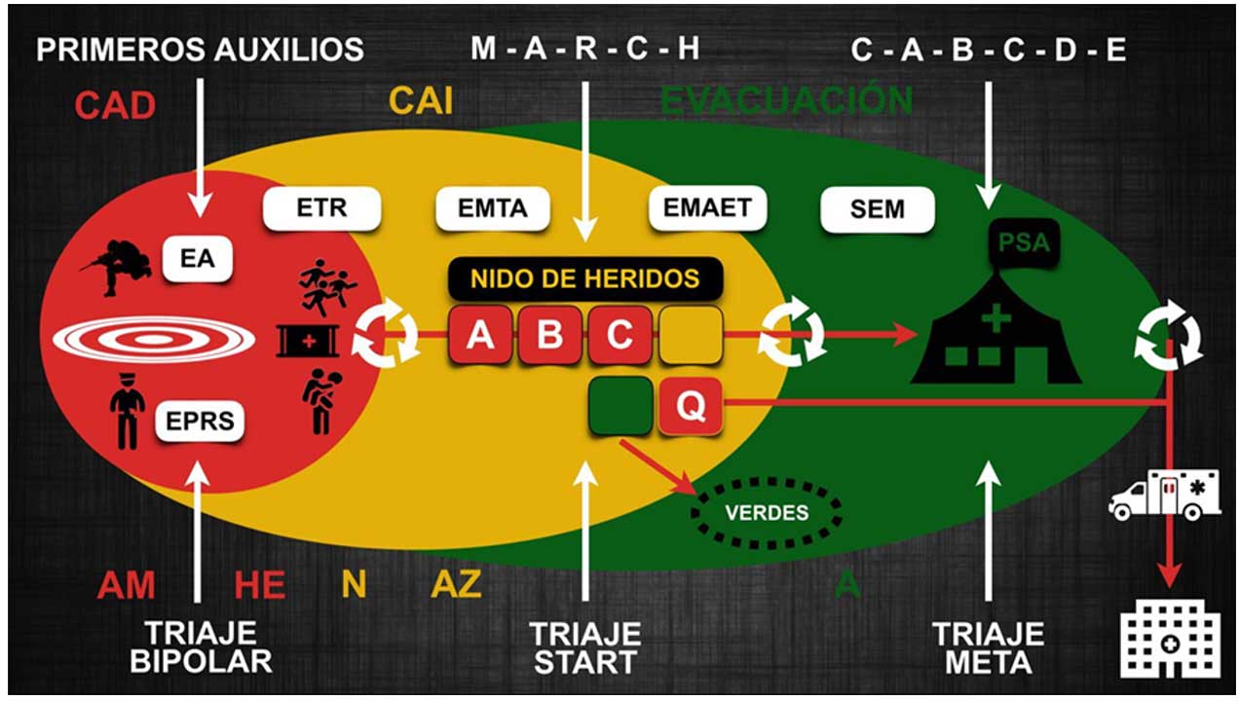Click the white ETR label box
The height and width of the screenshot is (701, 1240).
click(322, 208)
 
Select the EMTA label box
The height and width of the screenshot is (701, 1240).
click(493, 208)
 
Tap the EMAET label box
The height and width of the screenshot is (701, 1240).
click(707, 208)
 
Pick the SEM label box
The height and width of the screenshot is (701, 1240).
click(878, 209)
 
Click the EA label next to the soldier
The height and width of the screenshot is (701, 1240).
click(197, 258)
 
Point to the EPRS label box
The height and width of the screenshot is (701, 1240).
click(200, 421)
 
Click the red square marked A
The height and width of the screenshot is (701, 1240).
click(480, 335)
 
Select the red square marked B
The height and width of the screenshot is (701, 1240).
click(549, 335)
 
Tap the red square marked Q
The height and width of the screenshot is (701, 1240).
click(691, 405)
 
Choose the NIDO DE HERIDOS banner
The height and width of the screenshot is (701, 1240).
click(585, 278)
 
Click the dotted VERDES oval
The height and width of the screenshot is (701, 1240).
click(767, 513)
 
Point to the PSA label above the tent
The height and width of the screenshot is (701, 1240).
click(1024, 242)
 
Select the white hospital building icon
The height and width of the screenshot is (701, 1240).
click(1170, 639)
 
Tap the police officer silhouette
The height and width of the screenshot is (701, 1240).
click(128, 411)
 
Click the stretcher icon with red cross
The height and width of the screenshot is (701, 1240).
click(308, 341)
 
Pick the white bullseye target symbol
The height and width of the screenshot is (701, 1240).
click(154, 339)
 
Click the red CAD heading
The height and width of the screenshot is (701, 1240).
click(115, 106)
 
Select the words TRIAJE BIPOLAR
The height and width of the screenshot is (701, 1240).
click(201, 646)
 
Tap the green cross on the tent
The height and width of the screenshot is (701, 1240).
click(996, 318)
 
